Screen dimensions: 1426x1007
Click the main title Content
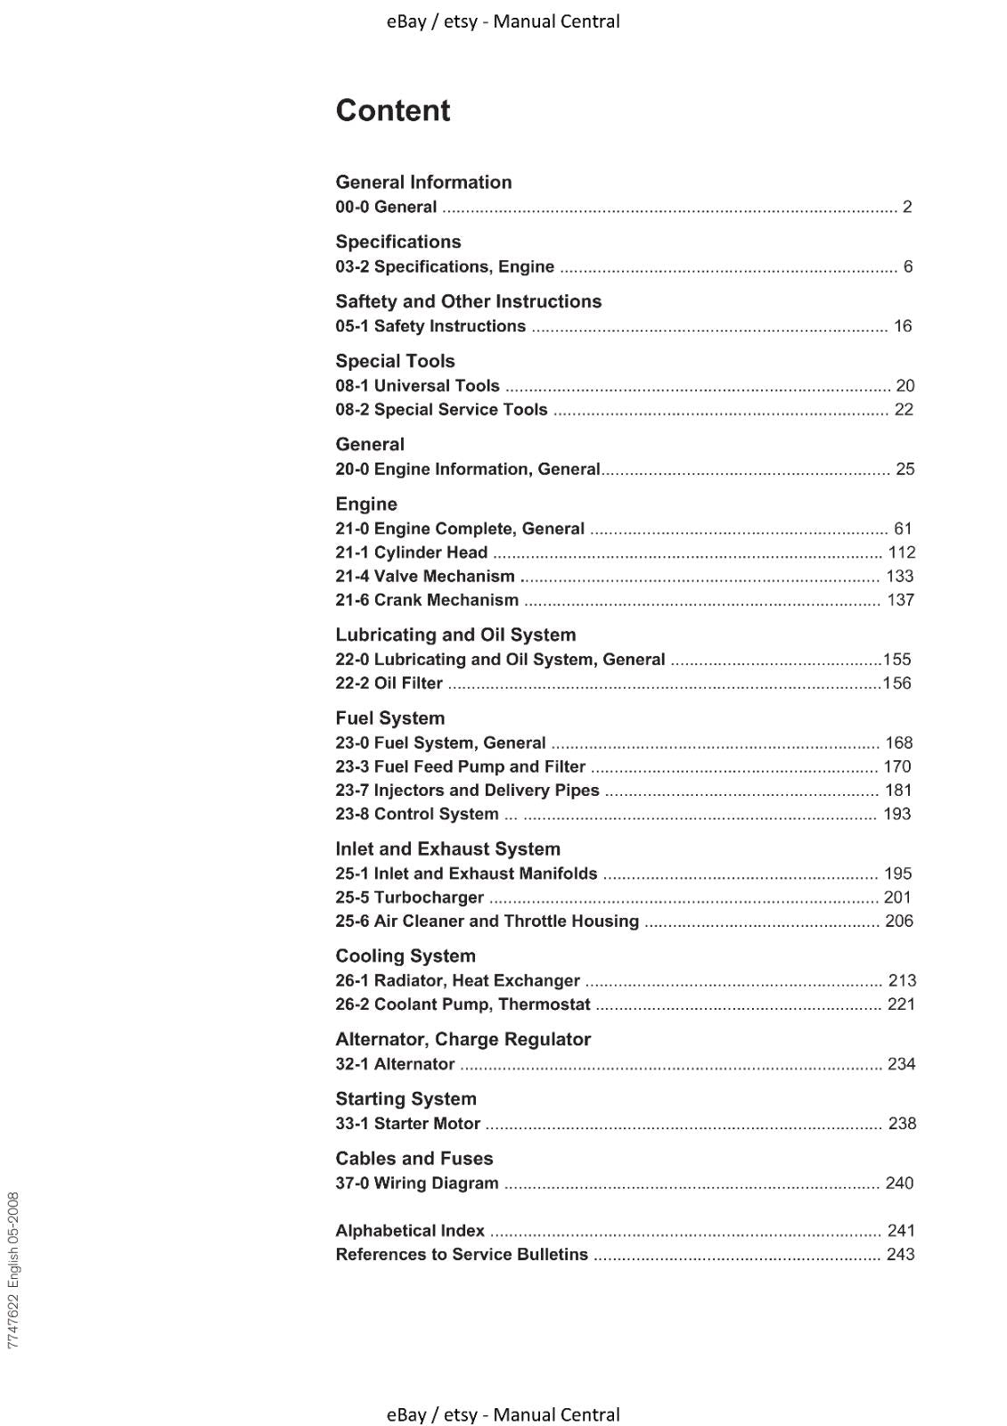coord(392,111)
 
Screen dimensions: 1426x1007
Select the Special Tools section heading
coord(395,361)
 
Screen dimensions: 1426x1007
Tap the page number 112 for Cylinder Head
coord(901,553)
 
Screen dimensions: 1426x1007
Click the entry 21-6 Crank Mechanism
coord(427,600)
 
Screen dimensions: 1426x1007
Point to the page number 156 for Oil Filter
coord(896,683)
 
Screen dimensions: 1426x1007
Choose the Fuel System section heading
coord(389,718)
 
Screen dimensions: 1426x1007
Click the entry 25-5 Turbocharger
coord(409,897)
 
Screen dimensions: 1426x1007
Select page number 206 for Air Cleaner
coord(898,921)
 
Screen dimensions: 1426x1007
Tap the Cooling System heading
coord(405,956)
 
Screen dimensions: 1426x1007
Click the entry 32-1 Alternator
coord(395,1064)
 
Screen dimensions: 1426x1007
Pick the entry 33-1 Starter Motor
coord(407,1124)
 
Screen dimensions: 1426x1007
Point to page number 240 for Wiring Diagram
coord(899,1183)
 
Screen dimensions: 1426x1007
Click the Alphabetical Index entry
coord(410,1231)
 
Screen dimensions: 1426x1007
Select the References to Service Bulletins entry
coord(462,1254)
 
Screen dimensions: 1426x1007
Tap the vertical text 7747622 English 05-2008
coord(13,1270)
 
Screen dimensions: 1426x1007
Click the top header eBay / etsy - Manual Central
coord(503,21)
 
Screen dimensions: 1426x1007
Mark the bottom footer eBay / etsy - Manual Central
coord(503,1414)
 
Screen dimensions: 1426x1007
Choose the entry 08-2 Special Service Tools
coord(441,409)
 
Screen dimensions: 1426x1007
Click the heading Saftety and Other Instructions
coord(468,301)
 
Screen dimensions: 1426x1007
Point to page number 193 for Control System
coord(896,814)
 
